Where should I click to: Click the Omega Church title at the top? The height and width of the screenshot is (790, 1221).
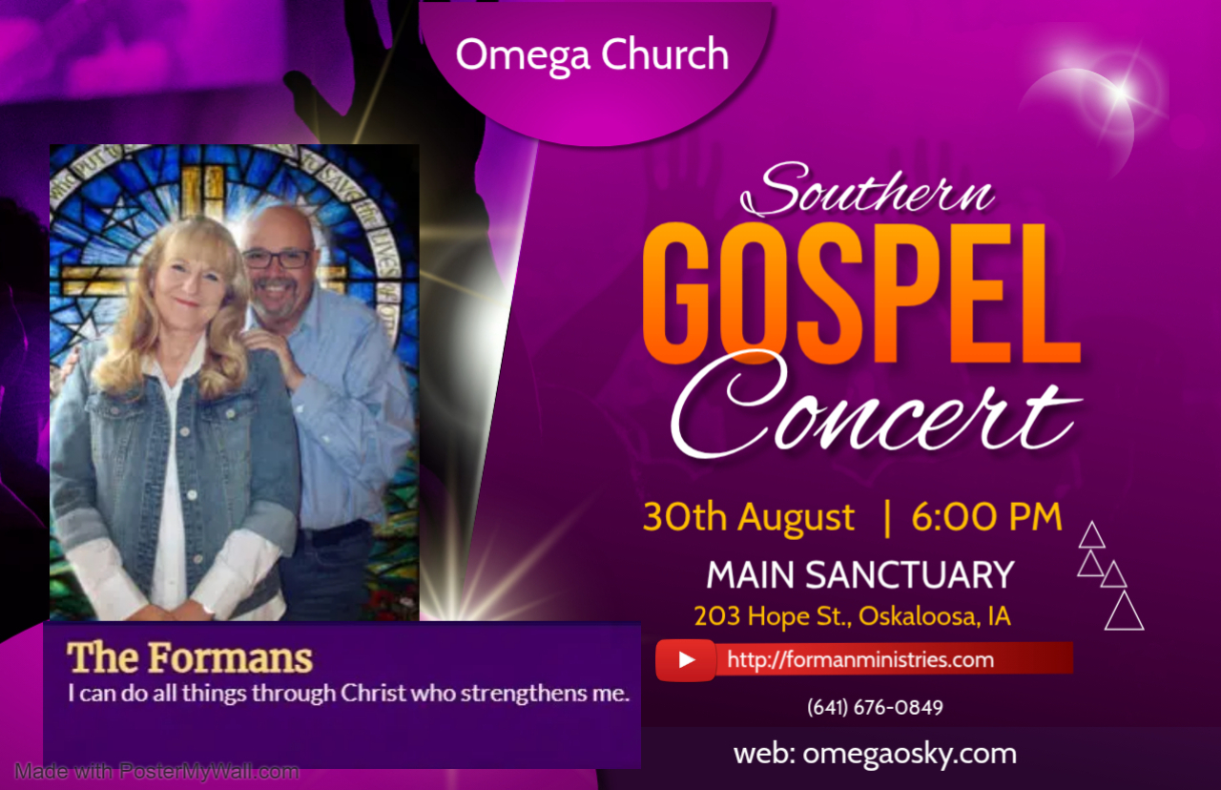pyautogui.click(x=592, y=55)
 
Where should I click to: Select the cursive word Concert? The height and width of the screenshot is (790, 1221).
pyautogui.click(x=876, y=406)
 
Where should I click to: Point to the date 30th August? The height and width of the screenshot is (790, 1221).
pyautogui.click(x=749, y=518)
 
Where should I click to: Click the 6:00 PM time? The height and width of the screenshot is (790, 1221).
pyautogui.click(x=987, y=516)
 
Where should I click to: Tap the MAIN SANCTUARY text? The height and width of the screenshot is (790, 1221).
pyautogui.click(x=860, y=575)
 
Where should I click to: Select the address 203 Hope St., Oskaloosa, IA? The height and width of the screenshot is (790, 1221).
pyautogui.click(x=853, y=616)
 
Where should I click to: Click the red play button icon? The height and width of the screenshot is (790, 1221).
pyautogui.click(x=686, y=660)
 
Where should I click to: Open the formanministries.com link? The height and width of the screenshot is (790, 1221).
pyautogui.click(x=860, y=660)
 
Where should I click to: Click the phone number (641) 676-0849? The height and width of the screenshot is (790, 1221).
pyautogui.click(x=875, y=708)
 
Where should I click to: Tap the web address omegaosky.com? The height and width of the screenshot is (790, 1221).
pyautogui.click(x=875, y=755)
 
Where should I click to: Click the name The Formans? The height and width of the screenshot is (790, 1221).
pyautogui.click(x=190, y=657)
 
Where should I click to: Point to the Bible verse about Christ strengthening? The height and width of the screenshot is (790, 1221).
pyautogui.click(x=349, y=694)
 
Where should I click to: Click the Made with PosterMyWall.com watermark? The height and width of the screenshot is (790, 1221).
pyautogui.click(x=157, y=772)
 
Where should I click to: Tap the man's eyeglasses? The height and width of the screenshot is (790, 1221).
pyautogui.click(x=278, y=259)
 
